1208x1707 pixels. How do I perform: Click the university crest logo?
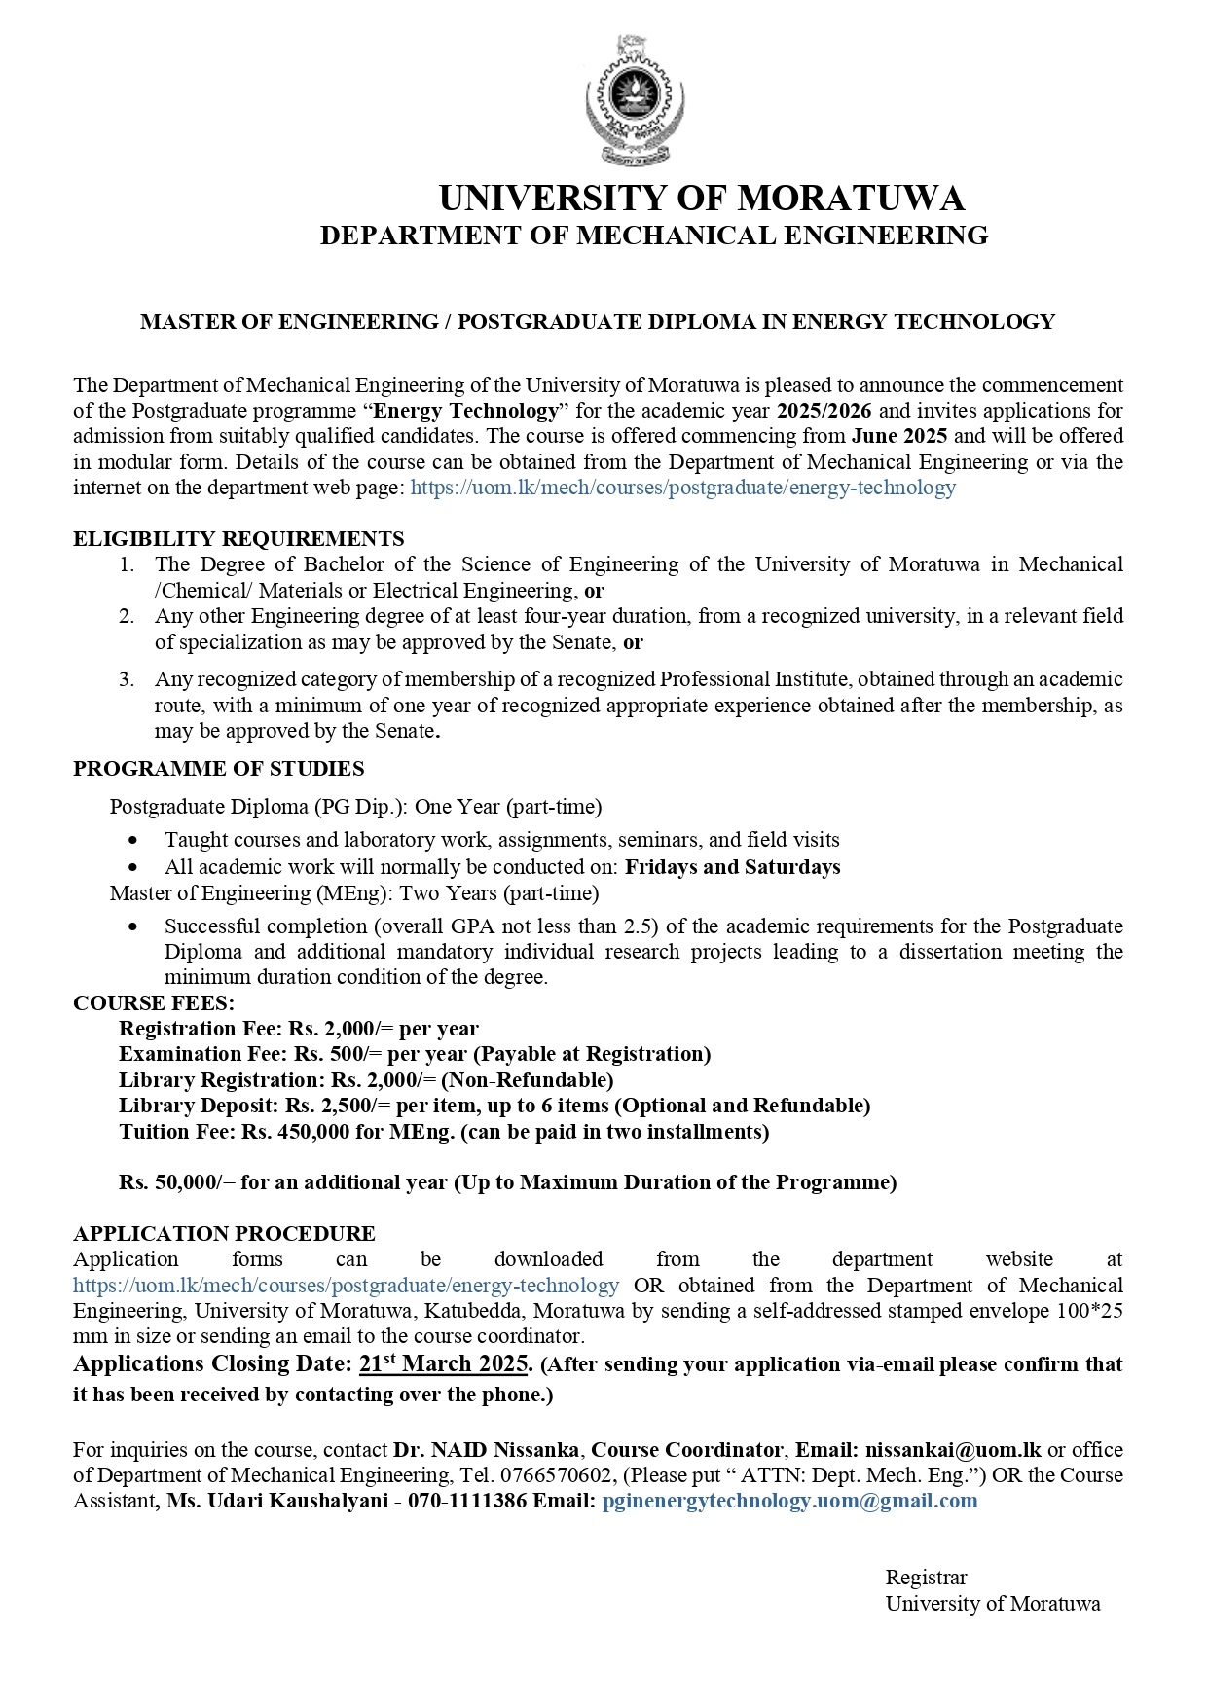[634, 100]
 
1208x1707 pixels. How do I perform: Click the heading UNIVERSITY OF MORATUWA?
[701, 199]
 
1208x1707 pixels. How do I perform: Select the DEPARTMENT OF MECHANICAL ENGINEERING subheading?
[654, 236]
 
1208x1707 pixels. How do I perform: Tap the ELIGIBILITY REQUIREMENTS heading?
[238, 539]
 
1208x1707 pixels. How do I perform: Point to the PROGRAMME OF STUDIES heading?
[218, 769]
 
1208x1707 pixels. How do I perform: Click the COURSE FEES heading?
[154, 1003]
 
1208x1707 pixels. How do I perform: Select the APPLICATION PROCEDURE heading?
[224, 1234]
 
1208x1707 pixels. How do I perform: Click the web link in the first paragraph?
[682, 488]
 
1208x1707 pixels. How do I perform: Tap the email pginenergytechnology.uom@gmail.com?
[789, 1501]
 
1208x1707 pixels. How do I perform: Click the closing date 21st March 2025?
[444, 1363]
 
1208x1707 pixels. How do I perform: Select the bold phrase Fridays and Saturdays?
[732, 867]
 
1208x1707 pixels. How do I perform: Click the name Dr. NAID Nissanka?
[486, 1450]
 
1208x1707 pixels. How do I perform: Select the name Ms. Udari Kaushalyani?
[277, 1501]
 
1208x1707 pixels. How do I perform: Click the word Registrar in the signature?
[926, 1578]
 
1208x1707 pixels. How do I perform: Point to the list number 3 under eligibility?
[127, 679]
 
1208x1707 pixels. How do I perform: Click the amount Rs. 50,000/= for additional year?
[177, 1182]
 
